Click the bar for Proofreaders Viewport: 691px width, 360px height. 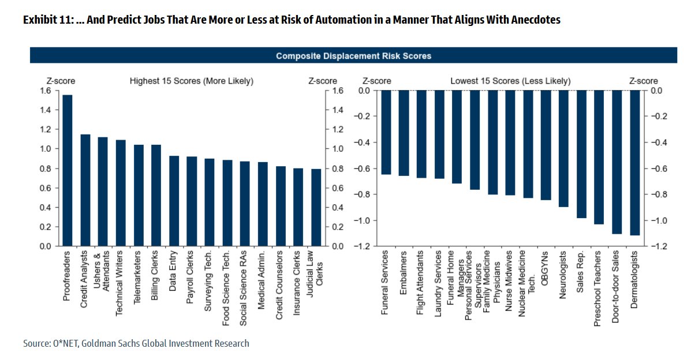pyautogui.click(x=68, y=170)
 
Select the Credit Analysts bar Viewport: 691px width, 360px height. pyautogui.click(x=85, y=190)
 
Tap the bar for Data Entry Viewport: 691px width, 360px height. pyautogui.click(x=174, y=201)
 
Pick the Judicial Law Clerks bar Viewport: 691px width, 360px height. pyautogui.click(x=316, y=207)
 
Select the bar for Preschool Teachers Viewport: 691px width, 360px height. pyautogui.click(x=599, y=157)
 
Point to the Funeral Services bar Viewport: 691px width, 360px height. pyautogui.click(x=386, y=132)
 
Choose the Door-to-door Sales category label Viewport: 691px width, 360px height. pyautogui.click(x=616, y=286)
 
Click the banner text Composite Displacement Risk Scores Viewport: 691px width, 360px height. pyautogui.click(x=353, y=56)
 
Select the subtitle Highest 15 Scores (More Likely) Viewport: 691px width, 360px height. pyautogui.click(x=191, y=81)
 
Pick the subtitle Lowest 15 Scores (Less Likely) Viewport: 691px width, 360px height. pyautogui.click(x=510, y=81)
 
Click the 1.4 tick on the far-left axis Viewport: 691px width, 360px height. pyautogui.click(x=45, y=110)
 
